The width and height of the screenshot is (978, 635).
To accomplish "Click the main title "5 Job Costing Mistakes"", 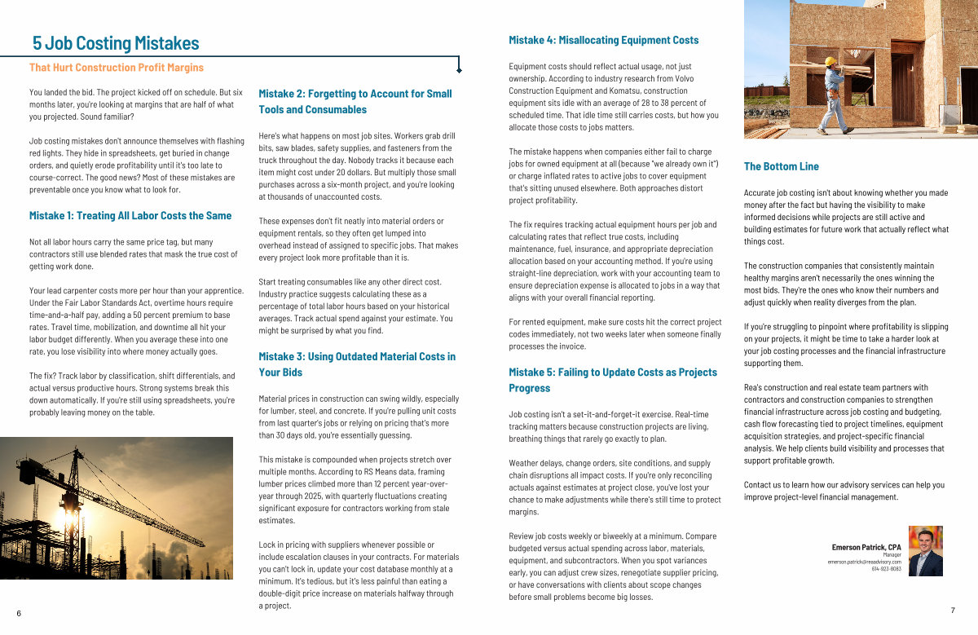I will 116,43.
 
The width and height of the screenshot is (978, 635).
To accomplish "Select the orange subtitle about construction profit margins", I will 117,68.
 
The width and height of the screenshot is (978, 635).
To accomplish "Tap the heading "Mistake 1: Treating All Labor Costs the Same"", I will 130,216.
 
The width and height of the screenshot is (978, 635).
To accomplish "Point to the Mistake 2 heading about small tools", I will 355,102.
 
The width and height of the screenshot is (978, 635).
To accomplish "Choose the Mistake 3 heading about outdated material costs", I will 357,364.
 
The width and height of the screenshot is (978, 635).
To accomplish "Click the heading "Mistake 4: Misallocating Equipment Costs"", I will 604,40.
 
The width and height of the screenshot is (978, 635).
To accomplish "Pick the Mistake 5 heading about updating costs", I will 613,380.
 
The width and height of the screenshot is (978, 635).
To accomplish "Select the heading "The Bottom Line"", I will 782,166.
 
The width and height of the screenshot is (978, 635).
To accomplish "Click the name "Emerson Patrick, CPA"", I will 866,547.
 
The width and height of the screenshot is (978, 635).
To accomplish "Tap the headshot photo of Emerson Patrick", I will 925,551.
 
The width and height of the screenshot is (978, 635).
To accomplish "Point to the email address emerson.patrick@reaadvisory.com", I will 865,562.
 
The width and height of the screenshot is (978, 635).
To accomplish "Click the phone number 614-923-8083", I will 886,569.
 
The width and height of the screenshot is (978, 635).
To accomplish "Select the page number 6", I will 19,613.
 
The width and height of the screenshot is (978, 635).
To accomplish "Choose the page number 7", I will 952,611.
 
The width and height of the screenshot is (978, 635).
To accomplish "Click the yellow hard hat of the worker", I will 830,61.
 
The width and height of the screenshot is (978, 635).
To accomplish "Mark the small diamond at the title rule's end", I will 459,71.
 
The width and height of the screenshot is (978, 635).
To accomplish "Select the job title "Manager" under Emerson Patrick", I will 892,554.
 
